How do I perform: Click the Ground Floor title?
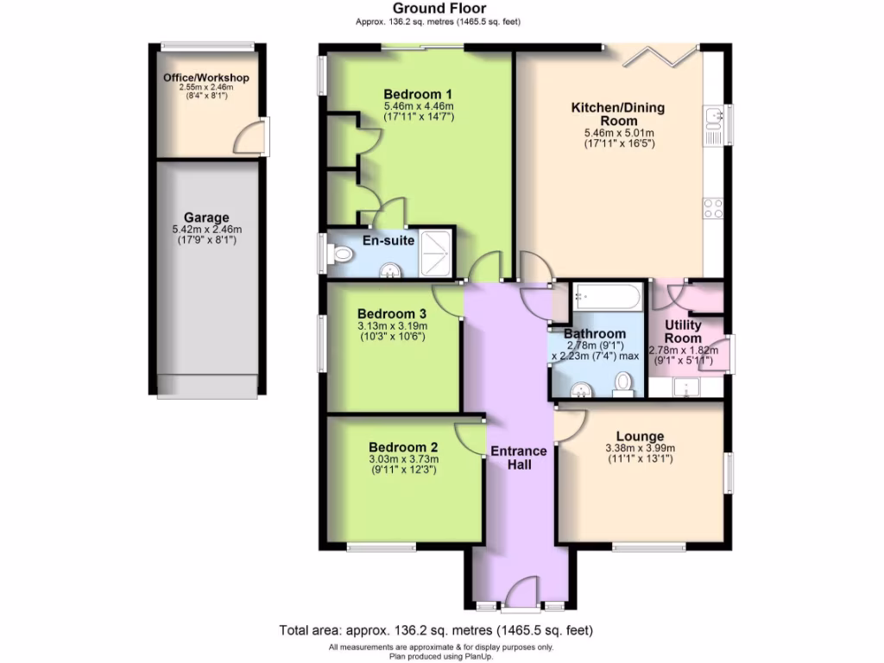440,9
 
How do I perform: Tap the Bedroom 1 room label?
419,93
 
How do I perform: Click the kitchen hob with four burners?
714,208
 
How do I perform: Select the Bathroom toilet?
622,383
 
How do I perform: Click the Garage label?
206,218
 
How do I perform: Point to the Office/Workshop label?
206,78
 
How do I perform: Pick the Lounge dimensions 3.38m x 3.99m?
640,448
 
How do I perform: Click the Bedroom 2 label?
403,446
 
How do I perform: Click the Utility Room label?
682,331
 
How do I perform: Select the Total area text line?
436,630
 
